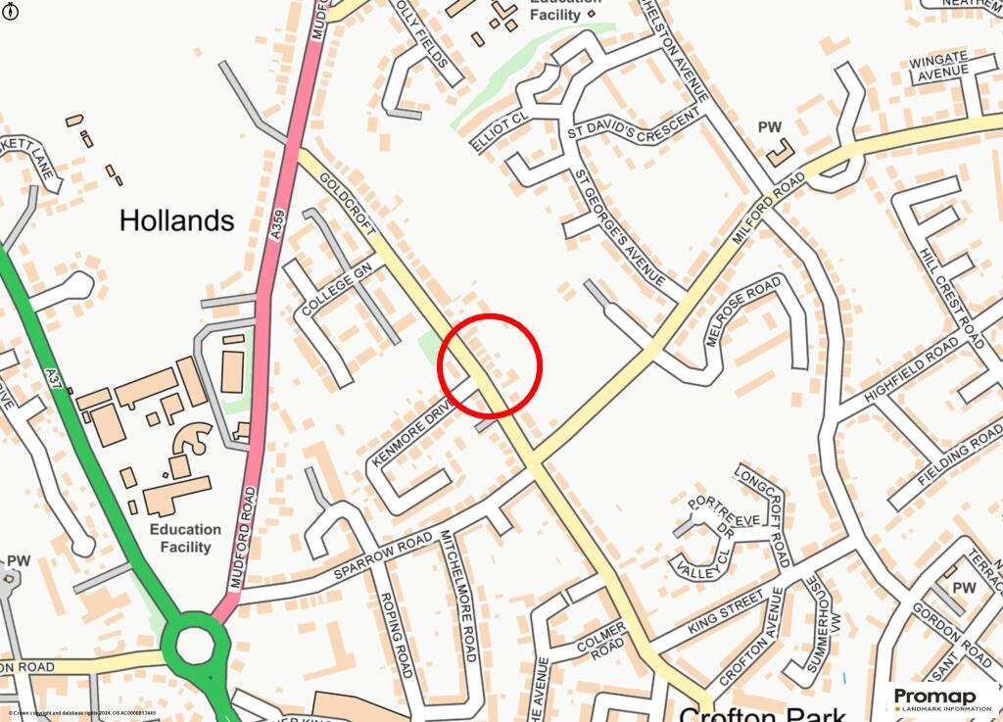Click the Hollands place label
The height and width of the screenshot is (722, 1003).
(x=176, y=220)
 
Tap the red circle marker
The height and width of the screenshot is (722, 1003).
(x=490, y=364)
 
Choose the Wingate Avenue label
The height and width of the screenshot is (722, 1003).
(x=937, y=66)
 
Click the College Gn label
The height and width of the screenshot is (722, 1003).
(x=337, y=288)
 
